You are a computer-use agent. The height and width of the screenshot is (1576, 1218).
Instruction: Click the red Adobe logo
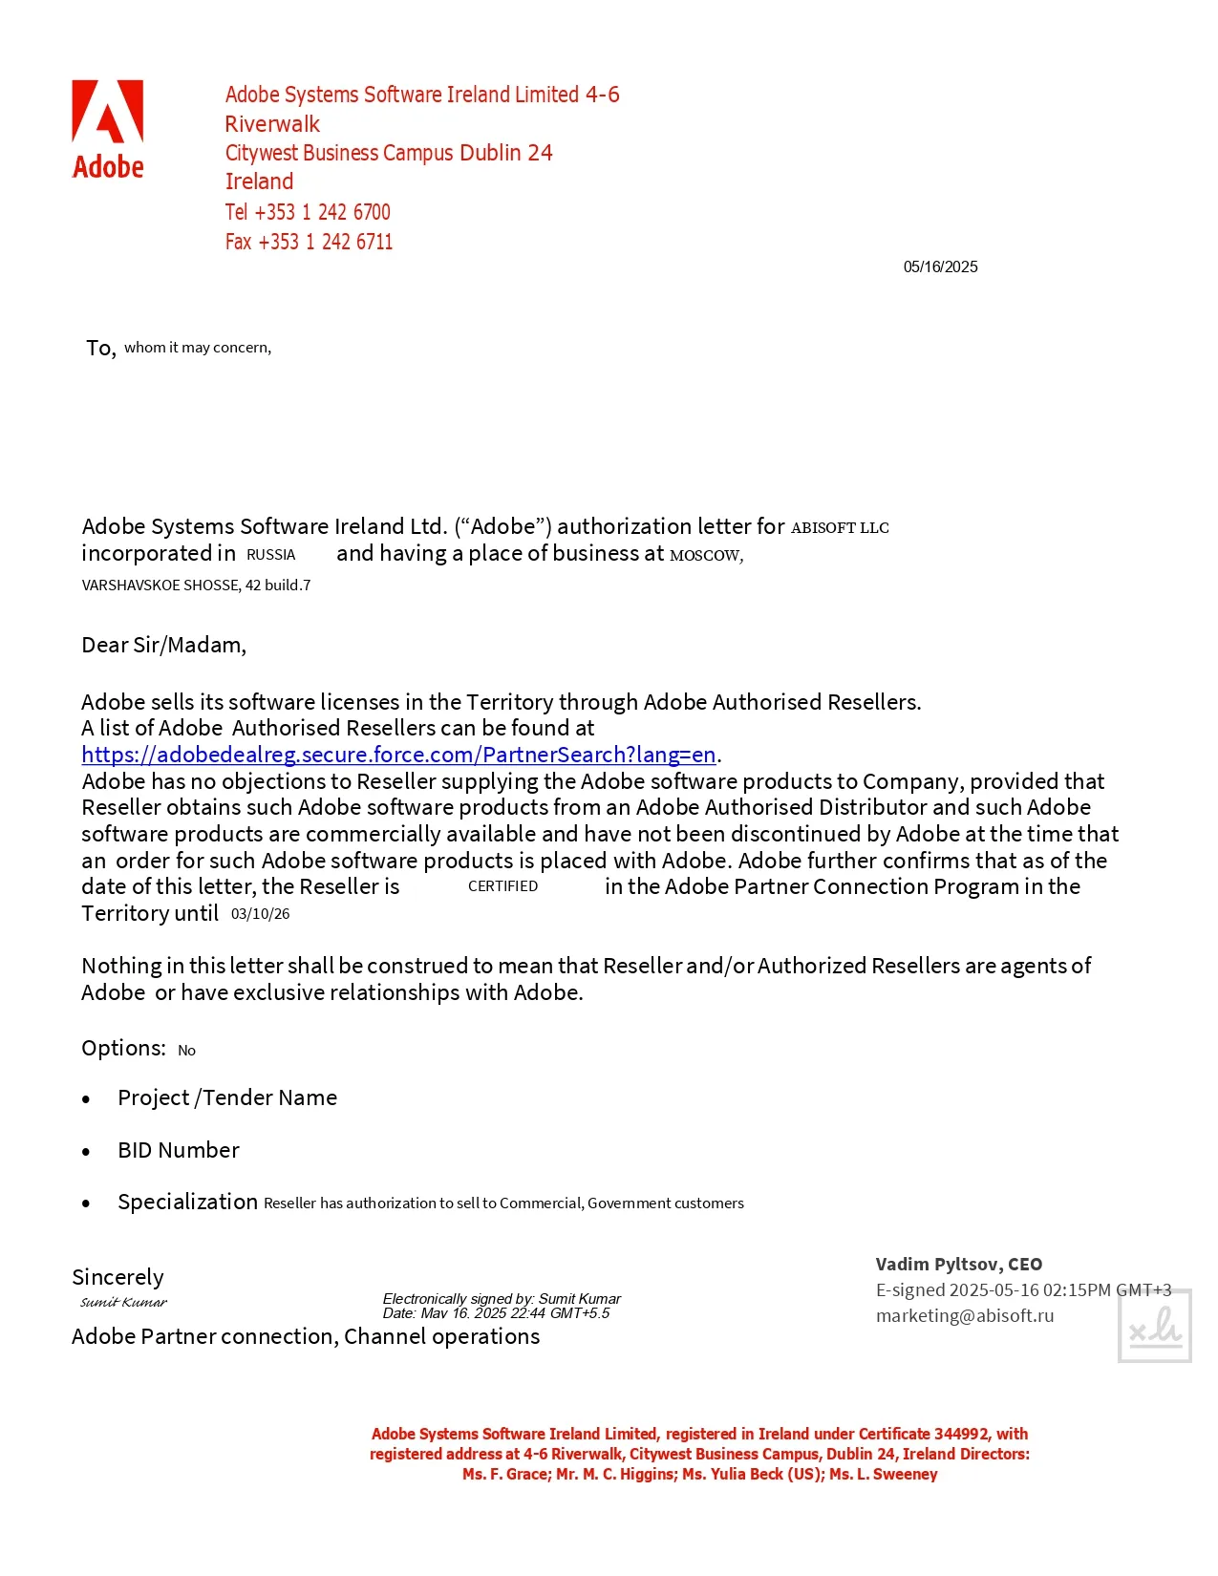point(108,129)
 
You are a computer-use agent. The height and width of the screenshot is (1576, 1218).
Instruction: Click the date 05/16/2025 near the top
point(940,266)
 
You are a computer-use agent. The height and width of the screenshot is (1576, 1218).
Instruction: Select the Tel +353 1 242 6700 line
point(308,212)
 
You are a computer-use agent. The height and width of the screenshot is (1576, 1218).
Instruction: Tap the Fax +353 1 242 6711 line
point(309,242)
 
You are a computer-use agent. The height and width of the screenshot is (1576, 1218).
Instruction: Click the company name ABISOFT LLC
point(840,527)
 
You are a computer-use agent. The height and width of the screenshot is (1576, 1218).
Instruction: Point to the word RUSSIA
point(270,555)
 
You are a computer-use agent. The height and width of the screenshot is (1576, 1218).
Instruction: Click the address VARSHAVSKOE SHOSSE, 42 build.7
point(196,585)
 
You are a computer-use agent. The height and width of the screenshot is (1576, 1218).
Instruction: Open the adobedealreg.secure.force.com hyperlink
point(398,755)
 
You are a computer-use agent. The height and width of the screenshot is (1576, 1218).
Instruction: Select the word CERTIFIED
point(502,886)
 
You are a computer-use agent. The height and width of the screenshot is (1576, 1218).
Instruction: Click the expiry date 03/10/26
point(260,914)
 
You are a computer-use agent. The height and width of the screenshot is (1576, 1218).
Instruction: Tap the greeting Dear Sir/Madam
point(163,645)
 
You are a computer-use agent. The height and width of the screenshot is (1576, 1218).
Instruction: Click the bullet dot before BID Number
point(86,1152)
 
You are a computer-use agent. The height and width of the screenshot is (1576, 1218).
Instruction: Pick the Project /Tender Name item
point(227,1097)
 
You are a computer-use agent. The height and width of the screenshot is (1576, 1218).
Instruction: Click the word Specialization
point(187,1202)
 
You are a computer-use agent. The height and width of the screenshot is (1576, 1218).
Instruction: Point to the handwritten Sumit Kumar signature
point(123,1302)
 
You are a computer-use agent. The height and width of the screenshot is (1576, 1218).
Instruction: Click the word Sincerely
point(118,1277)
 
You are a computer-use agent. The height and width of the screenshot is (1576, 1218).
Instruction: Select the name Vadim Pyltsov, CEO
point(958,1264)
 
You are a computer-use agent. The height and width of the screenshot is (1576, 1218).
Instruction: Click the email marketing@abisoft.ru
point(965,1315)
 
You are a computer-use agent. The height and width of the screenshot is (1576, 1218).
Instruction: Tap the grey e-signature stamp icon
point(1154,1326)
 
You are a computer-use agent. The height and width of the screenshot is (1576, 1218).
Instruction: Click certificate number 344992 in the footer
point(962,1434)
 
